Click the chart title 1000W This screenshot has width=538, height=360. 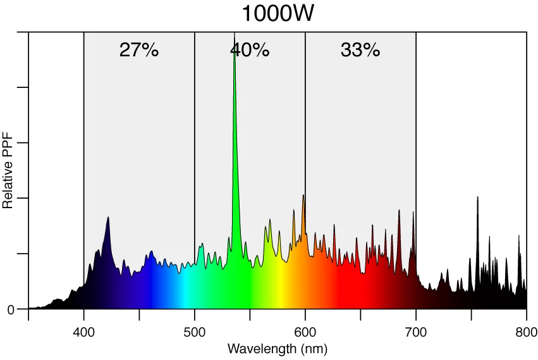click(x=278, y=13)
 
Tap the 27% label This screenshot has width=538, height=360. click(x=138, y=50)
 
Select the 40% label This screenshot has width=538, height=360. click(x=250, y=50)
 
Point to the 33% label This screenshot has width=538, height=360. click(x=360, y=50)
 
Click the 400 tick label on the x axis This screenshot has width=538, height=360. click(x=84, y=332)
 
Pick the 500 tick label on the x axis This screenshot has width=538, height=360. click(x=195, y=332)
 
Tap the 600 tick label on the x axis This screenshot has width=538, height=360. click(x=305, y=332)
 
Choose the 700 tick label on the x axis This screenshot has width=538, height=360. click(x=416, y=332)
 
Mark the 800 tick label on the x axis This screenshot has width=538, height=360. click(x=527, y=332)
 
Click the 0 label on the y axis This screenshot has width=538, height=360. click(x=11, y=309)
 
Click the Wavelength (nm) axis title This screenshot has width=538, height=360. click(x=278, y=349)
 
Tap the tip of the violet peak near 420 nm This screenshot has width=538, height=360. click(x=108, y=217)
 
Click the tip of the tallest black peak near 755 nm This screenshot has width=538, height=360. click(x=477, y=197)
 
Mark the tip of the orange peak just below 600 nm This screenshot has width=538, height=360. click(x=303, y=195)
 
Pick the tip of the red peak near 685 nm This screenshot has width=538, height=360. click(x=399, y=210)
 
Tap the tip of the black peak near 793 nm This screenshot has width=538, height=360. click(x=519, y=235)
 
